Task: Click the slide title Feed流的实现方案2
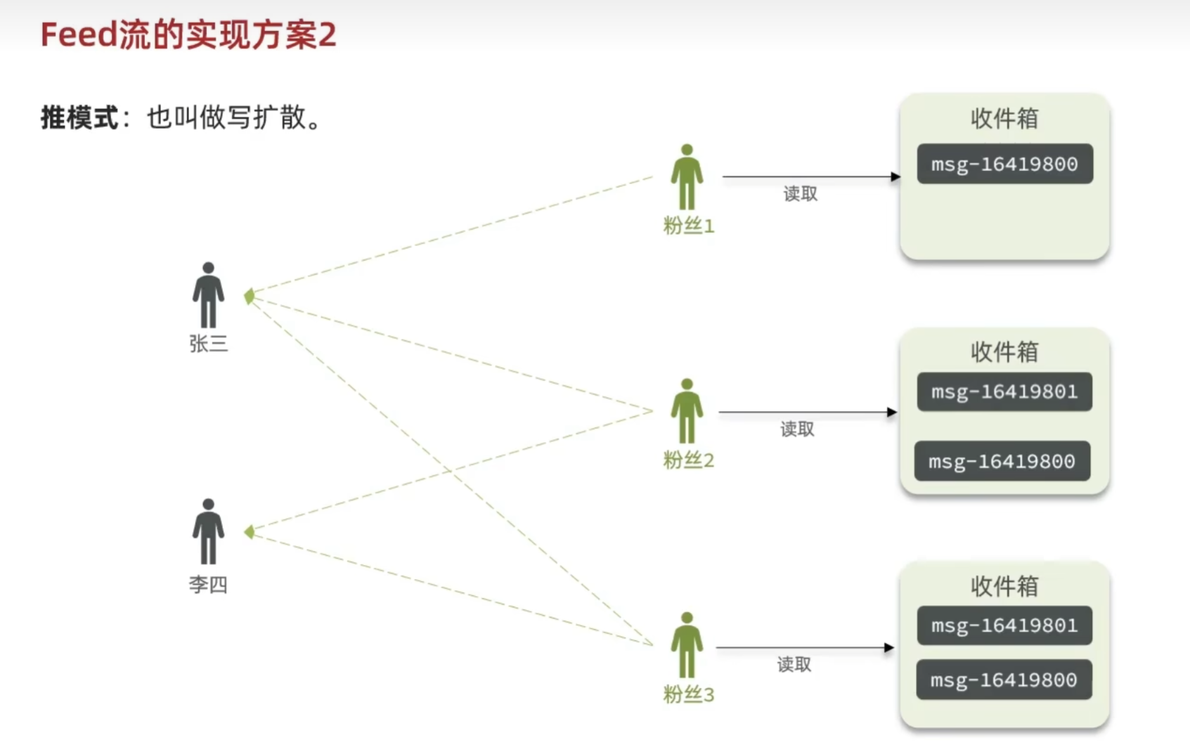point(188,35)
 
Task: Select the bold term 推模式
point(79,117)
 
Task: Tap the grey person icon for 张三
point(208,295)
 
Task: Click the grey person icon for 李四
point(208,531)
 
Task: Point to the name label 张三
point(208,344)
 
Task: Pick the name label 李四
point(208,585)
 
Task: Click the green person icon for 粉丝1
point(687,177)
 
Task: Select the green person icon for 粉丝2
point(687,411)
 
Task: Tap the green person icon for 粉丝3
point(687,645)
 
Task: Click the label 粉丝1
point(689,226)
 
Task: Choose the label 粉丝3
point(689,695)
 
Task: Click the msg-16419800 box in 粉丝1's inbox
point(1004,164)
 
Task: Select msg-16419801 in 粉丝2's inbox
point(1004,391)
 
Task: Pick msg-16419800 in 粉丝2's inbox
point(1002,461)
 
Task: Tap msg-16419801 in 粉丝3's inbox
point(1004,626)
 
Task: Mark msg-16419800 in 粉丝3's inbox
point(1004,680)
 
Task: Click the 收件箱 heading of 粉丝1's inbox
point(1004,119)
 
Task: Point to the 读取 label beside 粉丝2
point(797,429)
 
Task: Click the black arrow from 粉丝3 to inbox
point(805,647)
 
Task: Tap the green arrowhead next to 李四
point(250,532)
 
